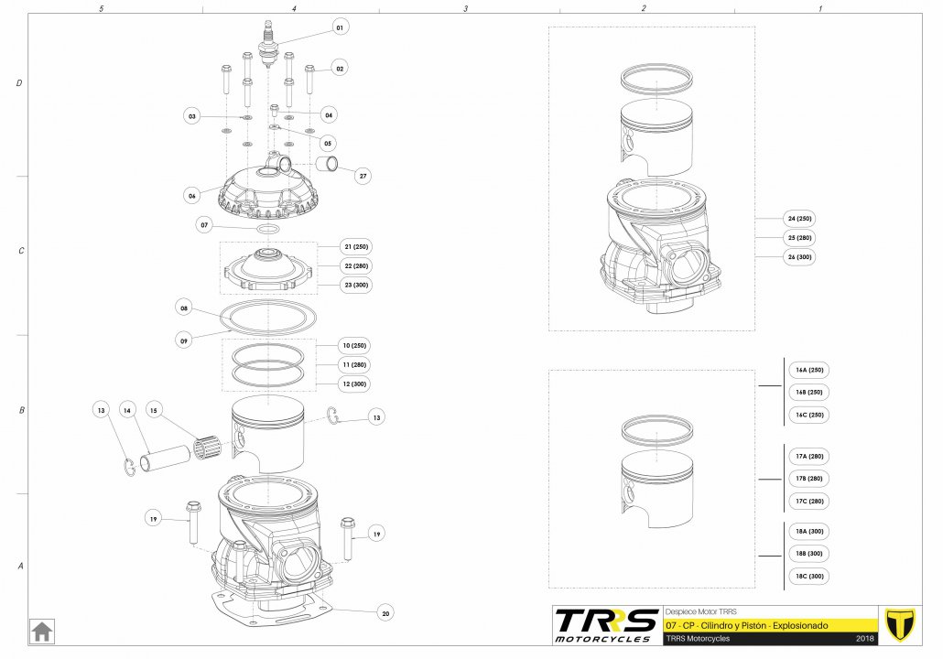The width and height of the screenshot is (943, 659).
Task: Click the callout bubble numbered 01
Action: tap(340, 27)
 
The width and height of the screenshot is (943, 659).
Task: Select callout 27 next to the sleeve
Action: tap(363, 176)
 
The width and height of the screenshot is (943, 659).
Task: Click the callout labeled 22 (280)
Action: tap(356, 265)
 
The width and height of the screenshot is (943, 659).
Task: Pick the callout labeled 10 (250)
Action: tap(354, 346)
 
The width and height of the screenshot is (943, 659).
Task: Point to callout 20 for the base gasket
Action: tap(385, 613)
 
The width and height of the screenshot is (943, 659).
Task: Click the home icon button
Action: tap(42, 632)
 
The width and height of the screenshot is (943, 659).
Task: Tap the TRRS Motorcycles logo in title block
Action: tap(606, 625)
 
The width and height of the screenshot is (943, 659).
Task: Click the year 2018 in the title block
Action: tap(865, 639)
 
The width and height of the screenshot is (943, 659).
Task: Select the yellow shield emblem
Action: tap(900, 625)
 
